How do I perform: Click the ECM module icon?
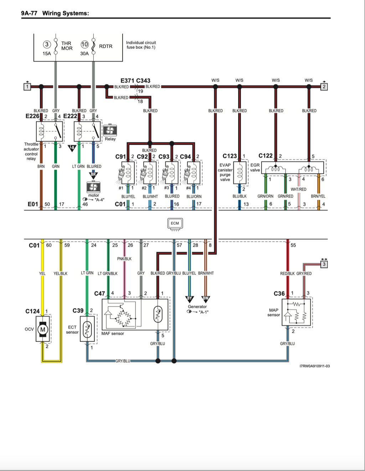pos(175,224)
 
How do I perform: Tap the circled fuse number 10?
pos(84,45)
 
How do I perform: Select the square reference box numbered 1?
pos(27,87)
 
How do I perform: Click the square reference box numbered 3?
pos(324,264)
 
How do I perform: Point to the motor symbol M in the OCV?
pos(42,330)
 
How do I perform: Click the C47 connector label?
pos(99,294)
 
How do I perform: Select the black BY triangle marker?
pos(189,299)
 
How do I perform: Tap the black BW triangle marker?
pos(205,299)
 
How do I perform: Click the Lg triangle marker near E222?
pos(72,148)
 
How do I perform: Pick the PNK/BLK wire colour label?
pos(124,259)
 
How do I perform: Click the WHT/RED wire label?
pos(298,189)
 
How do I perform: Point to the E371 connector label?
pos(128,81)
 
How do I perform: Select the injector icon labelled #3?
pos(166,175)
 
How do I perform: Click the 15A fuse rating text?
pos(47,53)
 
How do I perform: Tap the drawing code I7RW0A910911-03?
pos(315,366)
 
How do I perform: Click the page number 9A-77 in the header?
pos(29,13)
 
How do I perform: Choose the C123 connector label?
pos(230,156)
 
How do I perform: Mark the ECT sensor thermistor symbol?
pos(87,329)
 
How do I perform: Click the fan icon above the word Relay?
pos(110,130)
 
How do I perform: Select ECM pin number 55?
pos(293,245)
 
